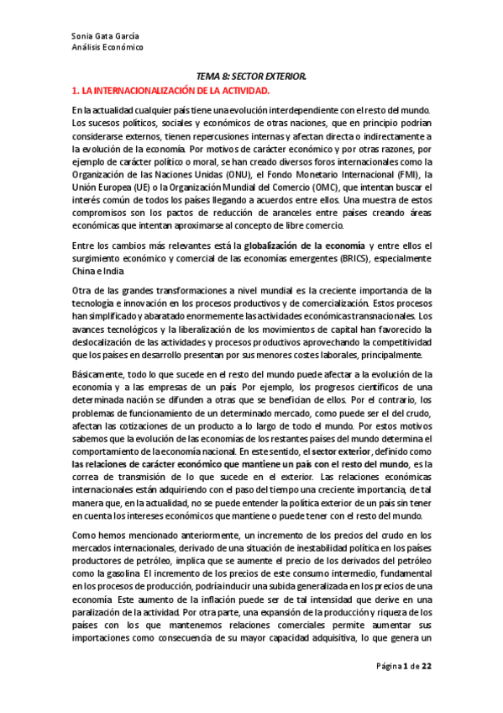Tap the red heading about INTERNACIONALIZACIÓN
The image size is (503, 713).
[x=170, y=89]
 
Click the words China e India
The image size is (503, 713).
[x=97, y=271]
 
